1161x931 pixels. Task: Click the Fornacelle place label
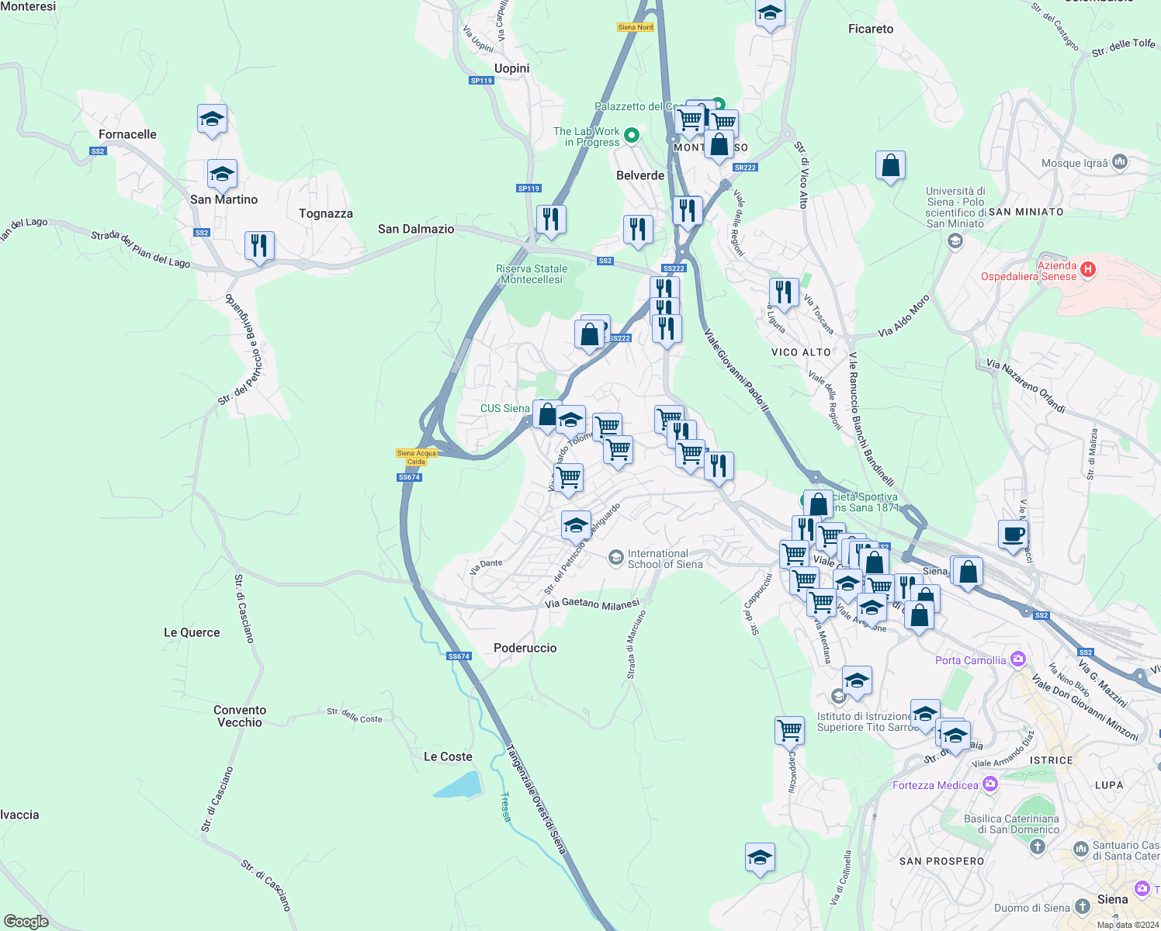pyautogui.click(x=127, y=134)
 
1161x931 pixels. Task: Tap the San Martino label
pyautogui.click(x=224, y=199)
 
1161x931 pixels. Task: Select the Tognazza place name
pyautogui.click(x=325, y=213)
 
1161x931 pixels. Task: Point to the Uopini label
pyautogui.click(x=511, y=68)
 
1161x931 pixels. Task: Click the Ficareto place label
pyautogui.click(x=870, y=29)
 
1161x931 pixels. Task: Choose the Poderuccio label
pyautogui.click(x=525, y=648)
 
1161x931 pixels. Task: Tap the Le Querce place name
pyautogui.click(x=192, y=632)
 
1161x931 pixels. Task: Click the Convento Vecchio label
pyautogui.click(x=240, y=716)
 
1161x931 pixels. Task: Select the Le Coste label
pyautogui.click(x=448, y=756)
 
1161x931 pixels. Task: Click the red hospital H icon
pyautogui.click(x=1088, y=269)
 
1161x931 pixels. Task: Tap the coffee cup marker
pyautogui.click(x=1013, y=535)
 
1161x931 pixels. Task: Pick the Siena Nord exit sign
pyautogui.click(x=636, y=27)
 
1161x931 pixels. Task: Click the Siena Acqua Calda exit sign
pyautogui.click(x=417, y=457)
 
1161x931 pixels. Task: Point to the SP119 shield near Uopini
pyautogui.click(x=481, y=81)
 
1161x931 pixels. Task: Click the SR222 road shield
pyautogui.click(x=744, y=168)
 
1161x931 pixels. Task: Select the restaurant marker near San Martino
pyautogui.click(x=259, y=246)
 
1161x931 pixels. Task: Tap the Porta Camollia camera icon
pyautogui.click(x=1018, y=660)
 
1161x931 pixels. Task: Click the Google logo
pyautogui.click(x=26, y=922)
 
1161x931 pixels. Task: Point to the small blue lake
pyautogui.click(x=458, y=786)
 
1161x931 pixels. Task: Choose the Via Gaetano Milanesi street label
pyautogui.click(x=592, y=604)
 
